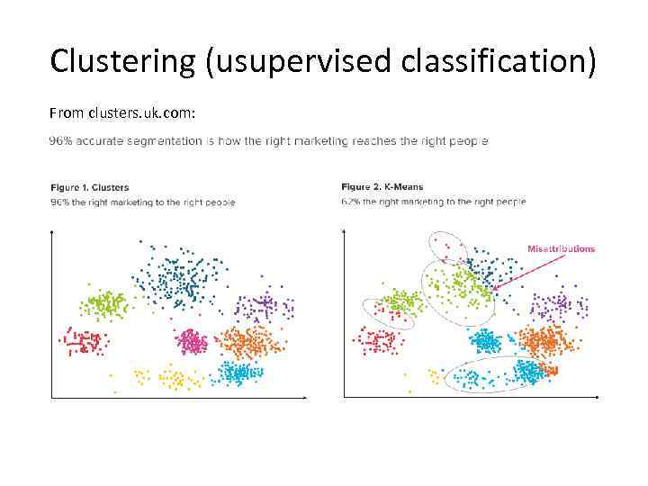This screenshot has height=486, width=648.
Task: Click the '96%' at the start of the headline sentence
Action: click(x=60, y=141)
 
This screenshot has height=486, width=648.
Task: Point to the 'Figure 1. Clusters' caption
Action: click(x=89, y=187)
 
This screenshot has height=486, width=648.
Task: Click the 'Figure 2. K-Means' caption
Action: click(x=382, y=187)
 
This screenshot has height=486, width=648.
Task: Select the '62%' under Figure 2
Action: click(x=351, y=202)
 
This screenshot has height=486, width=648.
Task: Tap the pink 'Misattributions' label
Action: click(x=561, y=249)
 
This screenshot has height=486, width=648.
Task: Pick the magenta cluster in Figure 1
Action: click(x=191, y=341)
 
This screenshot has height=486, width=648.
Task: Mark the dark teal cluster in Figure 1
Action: click(x=171, y=279)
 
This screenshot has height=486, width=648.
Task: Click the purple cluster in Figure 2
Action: click(x=558, y=307)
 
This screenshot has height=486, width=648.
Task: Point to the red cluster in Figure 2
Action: click(x=379, y=341)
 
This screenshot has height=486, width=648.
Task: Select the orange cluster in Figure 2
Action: click(x=544, y=341)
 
